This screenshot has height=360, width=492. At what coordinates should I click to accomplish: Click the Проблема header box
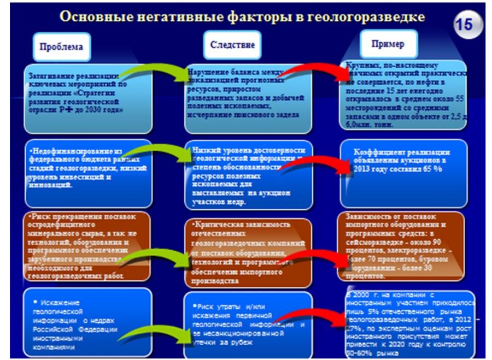click(61, 46)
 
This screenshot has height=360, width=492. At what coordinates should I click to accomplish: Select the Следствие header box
click(232, 45)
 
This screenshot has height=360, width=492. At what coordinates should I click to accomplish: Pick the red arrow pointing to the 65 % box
click(317, 164)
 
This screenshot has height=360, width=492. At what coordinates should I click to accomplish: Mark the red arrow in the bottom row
click(312, 320)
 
